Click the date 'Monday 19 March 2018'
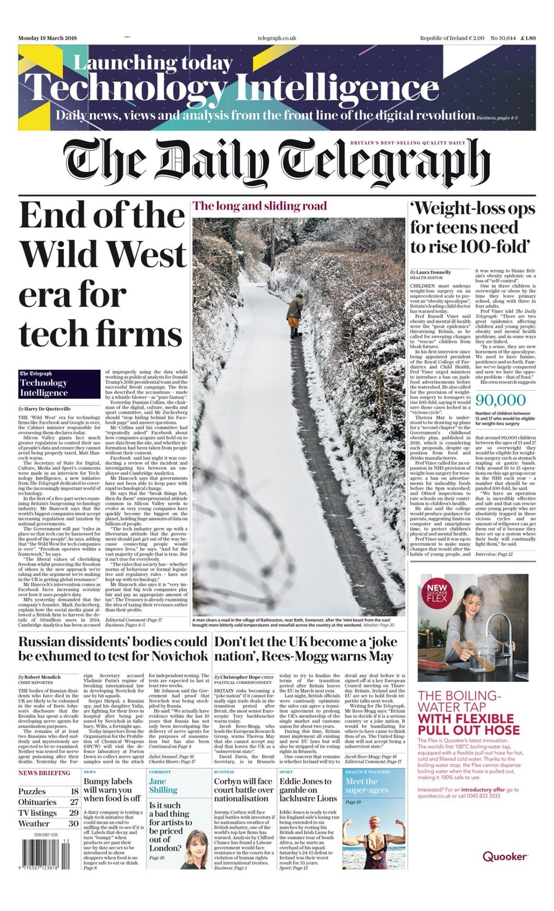(x=47, y=38)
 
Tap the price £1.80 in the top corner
(x=527, y=38)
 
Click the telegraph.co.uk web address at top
(x=277, y=38)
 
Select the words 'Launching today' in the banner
(x=153, y=63)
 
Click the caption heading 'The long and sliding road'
(x=260, y=206)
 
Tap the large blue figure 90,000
(x=500, y=400)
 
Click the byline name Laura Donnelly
(x=434, y=272)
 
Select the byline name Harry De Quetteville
(x=47, y=409)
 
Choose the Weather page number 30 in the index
(x=74, y=824)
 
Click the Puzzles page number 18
(x=74, y=791)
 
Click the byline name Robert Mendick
(x=43, y=677)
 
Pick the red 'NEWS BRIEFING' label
(x=44, y=773)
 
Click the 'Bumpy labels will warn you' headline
(x=112, y=790)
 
